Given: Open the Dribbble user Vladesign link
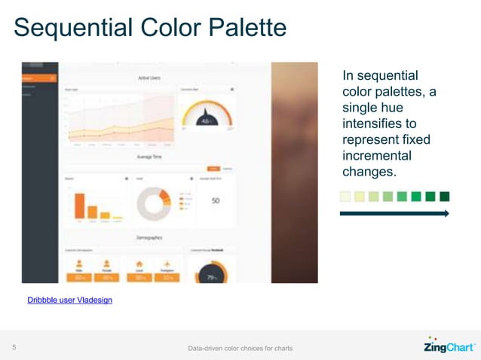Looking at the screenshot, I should click(69, 300).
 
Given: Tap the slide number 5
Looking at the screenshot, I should click(14, 347).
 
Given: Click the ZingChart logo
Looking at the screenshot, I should click(448, 346).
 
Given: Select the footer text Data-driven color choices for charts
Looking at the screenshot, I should click(240, 348).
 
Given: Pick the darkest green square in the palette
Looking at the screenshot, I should click(444, 197).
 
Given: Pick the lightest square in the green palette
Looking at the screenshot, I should click(345, 197).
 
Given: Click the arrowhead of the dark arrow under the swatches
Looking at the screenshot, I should click(446, 214).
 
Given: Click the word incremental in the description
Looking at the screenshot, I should click(376, 156).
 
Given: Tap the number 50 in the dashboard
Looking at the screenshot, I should click(215, 201).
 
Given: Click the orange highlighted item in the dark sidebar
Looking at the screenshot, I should click(38, 78).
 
